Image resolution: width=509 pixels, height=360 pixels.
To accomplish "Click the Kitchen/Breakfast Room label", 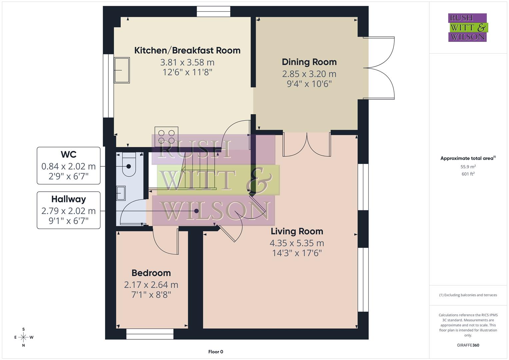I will [x=187, y=50].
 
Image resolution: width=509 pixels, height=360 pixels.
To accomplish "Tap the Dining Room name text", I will [x=309, y=62].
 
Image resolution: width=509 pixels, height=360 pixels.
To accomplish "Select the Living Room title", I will [x=297, y=231].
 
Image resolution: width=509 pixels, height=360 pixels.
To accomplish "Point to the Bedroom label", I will [x=151, y=273].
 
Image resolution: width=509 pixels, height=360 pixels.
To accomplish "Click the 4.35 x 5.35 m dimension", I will [x=297, y=243].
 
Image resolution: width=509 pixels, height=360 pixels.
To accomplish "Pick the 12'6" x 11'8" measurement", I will [x=187, y=72].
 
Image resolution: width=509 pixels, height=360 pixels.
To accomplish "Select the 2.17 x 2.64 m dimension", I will [x=151, y=285].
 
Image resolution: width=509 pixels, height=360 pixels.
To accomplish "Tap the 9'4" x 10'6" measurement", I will [x=309, y=84].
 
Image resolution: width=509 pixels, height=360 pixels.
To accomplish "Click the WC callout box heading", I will [x=68, y=155].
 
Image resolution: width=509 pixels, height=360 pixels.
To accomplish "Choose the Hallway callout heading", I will [x=68, y=199].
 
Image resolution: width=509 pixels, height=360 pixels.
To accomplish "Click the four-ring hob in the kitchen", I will [x=166, y=136].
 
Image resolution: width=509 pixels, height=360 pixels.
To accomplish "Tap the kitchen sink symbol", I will [x=122, y=70].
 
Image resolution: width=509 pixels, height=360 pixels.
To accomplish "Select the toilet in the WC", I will [x=129, y=165].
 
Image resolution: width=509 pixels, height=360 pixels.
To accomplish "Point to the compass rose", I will [x=23, y=337].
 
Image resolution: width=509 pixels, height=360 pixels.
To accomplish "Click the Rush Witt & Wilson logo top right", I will [x=467, y=28].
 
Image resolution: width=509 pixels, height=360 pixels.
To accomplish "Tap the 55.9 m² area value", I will [x=468, y=167].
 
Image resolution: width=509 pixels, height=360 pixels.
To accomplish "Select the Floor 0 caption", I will [x=216, y=352].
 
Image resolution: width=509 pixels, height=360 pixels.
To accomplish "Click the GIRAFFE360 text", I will [x=468, y=345].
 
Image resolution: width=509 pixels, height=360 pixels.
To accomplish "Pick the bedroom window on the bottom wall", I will [x=150, y=334].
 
